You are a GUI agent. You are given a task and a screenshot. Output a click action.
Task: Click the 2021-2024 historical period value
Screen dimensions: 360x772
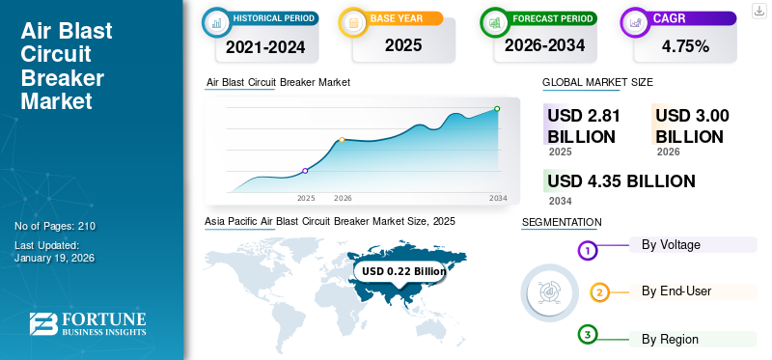coord(265,45)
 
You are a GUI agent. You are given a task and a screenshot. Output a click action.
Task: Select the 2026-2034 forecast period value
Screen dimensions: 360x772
coord(546,45)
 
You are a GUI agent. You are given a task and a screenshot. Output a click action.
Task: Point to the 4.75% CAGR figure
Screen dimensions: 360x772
coord(685,45)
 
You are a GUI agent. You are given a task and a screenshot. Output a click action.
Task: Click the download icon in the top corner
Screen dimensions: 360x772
coord(758,10)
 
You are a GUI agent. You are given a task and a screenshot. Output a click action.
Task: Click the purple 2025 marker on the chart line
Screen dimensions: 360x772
coord(306,171)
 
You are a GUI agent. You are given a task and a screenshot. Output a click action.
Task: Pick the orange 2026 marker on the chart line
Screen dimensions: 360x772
coord(343,140)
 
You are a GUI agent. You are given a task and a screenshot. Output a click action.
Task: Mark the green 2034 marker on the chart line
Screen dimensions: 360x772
coord(497,109)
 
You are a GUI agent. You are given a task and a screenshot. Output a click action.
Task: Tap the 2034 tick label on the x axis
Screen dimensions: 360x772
coord(498,198)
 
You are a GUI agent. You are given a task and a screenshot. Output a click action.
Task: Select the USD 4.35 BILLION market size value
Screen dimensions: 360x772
coord(620,180)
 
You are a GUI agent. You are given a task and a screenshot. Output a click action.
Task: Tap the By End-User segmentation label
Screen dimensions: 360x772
coord(676,291)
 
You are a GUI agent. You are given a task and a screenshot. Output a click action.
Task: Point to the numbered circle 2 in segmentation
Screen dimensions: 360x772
coord(599,292)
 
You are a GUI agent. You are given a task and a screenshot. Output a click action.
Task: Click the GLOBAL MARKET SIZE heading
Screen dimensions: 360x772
coord(597,83)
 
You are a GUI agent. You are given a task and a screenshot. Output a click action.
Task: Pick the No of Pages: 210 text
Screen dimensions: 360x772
coord(55,226)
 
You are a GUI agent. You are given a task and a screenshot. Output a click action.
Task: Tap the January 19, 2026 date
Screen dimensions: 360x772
coord(55,259)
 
